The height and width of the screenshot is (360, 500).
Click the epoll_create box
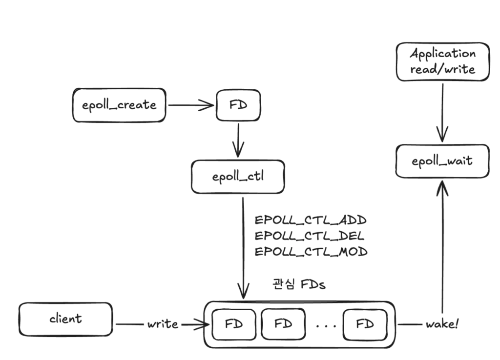(x=119, y=105)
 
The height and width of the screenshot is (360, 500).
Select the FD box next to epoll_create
(x=238, y=105)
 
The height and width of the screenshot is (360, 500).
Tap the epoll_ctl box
(x=238, y=176)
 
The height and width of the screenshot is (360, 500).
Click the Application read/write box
(x=442, y=61)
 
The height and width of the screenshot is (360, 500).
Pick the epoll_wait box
(x=442, y=160)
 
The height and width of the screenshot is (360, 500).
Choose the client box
(x=65, y=320)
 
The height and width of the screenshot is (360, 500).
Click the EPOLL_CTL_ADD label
(x=311, y=220)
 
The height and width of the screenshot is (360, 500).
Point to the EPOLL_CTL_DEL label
(x=310, y=236)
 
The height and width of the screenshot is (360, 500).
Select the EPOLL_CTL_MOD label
(x=311, y=252)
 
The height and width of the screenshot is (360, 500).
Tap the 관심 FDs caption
(x=298, y=284)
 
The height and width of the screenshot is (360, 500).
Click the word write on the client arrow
(x=163, y=324)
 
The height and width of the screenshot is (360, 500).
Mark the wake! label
(x=442, y=324)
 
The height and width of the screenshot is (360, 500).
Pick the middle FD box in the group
(x=284, y=324)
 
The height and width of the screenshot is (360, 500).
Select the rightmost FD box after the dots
(x=365, y=324)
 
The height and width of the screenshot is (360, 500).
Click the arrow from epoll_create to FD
(x=190, y=105)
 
